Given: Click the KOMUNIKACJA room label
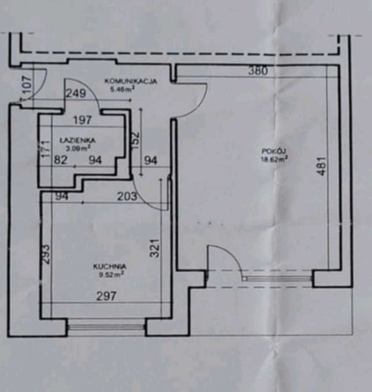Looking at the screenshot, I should (131, 81).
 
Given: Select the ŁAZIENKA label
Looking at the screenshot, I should (77, 141).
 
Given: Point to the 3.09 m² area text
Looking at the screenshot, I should (77, 148).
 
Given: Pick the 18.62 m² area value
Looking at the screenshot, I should (274, 158).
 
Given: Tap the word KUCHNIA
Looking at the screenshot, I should (109, 267).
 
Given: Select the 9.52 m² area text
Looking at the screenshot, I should (110, 274).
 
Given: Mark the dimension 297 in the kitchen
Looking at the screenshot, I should (106, 296).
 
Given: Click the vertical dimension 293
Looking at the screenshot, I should (46, 254).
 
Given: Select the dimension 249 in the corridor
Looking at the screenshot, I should (76, 94).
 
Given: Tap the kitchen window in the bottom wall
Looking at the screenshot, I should (106, 326).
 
